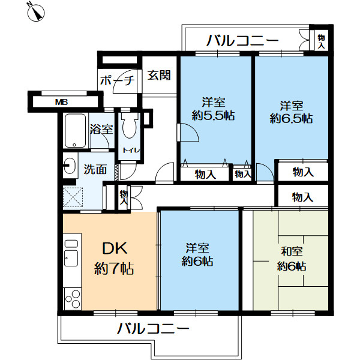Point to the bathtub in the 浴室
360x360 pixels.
tap(75, 131)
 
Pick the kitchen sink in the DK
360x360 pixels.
tap(71, 258)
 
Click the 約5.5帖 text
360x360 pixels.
tap(213, 117)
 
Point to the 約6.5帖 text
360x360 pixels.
tap(290, 119)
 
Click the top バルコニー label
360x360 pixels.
tap(243, 41)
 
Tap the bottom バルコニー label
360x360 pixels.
tap(153, 329)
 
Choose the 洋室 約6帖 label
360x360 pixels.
tap(197, 254)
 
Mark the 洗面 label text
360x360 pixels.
tap(95, 170)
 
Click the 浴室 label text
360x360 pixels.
tap(101, 128)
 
